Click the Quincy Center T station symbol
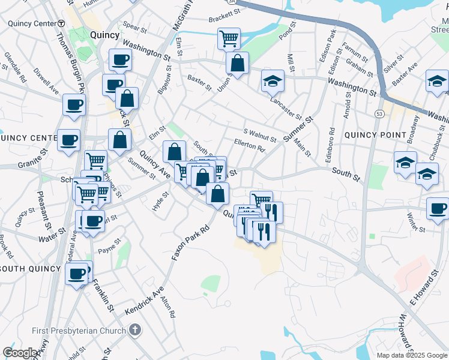[61, 23]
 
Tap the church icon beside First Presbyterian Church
[136, 330]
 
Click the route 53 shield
[379, 113]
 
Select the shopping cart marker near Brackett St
[229, 39]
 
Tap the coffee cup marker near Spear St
[120, 60]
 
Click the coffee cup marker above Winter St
[438, 209]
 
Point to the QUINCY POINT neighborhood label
[370, 135]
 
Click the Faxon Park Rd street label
[190, 242]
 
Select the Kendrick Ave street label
[145, 301]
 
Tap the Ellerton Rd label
[249, 145]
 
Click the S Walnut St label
[260, 136]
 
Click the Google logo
[20, 353]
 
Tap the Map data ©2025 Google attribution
[412, 355]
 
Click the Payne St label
[110, 245]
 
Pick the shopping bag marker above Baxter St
[238, 64]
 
